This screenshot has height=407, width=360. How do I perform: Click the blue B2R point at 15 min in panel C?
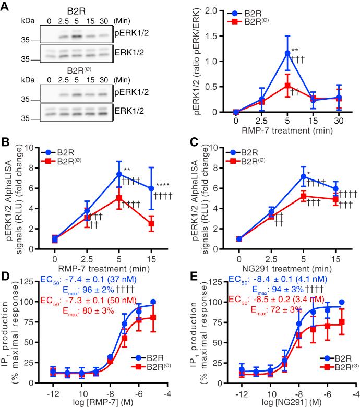point(335,189)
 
